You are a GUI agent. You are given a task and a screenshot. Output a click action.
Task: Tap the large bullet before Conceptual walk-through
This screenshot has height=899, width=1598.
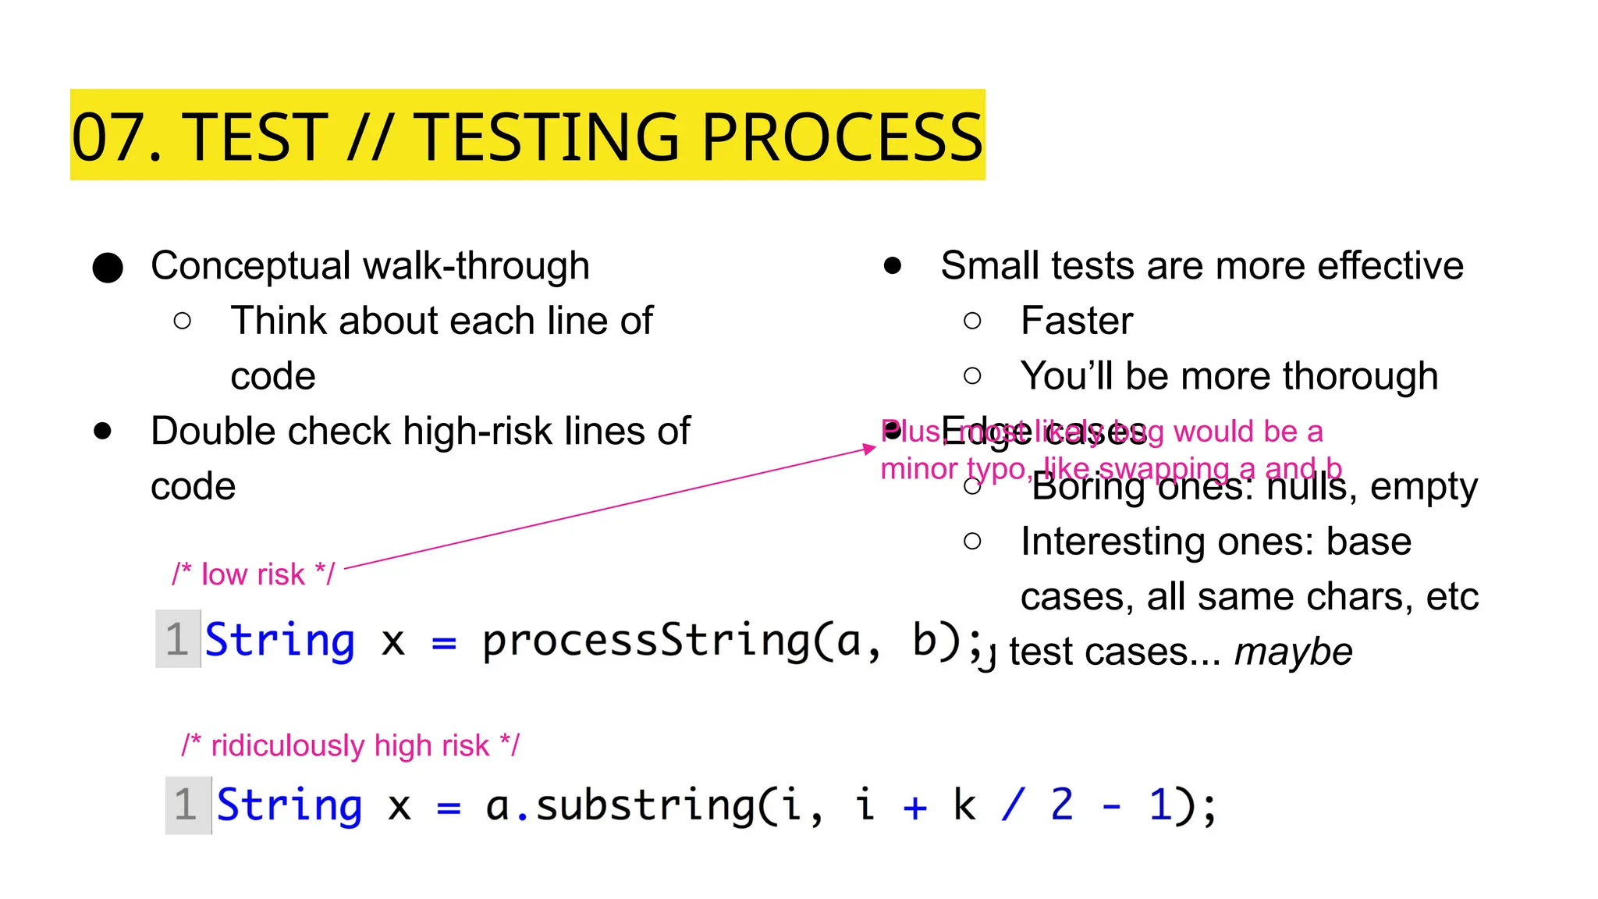[108, 268]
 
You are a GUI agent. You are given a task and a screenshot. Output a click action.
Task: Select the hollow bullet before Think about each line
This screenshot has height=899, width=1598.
[183, 321]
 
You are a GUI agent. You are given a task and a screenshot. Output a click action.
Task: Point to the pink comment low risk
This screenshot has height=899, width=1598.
[253, 574]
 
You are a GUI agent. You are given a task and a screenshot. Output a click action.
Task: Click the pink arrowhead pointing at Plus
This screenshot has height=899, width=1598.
[868, 449]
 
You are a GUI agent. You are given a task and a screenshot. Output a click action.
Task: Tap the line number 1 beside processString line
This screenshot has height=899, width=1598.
[177, 639]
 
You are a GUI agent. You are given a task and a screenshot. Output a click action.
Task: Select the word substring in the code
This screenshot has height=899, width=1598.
[645, 805]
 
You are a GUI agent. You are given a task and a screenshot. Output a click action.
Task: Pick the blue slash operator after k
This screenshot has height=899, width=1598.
[1013, 805]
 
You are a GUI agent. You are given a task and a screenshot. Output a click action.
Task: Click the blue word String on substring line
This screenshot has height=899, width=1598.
[289, 805]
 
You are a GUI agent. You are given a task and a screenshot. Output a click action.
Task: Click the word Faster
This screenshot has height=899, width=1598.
[1076, 321]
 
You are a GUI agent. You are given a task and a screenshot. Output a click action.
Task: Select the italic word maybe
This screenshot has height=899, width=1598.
[1293, 652]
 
